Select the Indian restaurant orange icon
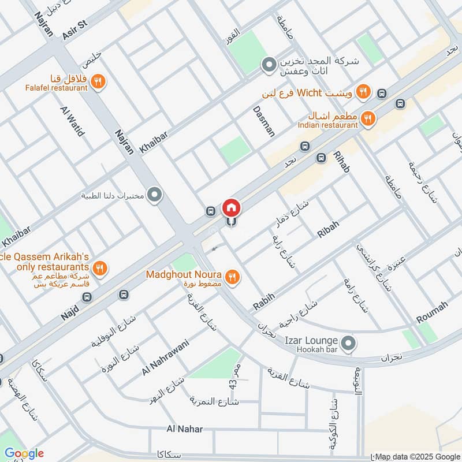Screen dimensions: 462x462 coord(367,120)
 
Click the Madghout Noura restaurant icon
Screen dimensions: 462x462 coord(232,277)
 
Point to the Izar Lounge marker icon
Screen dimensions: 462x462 coord(348,344)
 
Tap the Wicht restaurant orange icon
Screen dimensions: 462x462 coord(363,91)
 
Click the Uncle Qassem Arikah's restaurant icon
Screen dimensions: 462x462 coord(100,268)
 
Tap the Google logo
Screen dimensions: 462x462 coord(24,453)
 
